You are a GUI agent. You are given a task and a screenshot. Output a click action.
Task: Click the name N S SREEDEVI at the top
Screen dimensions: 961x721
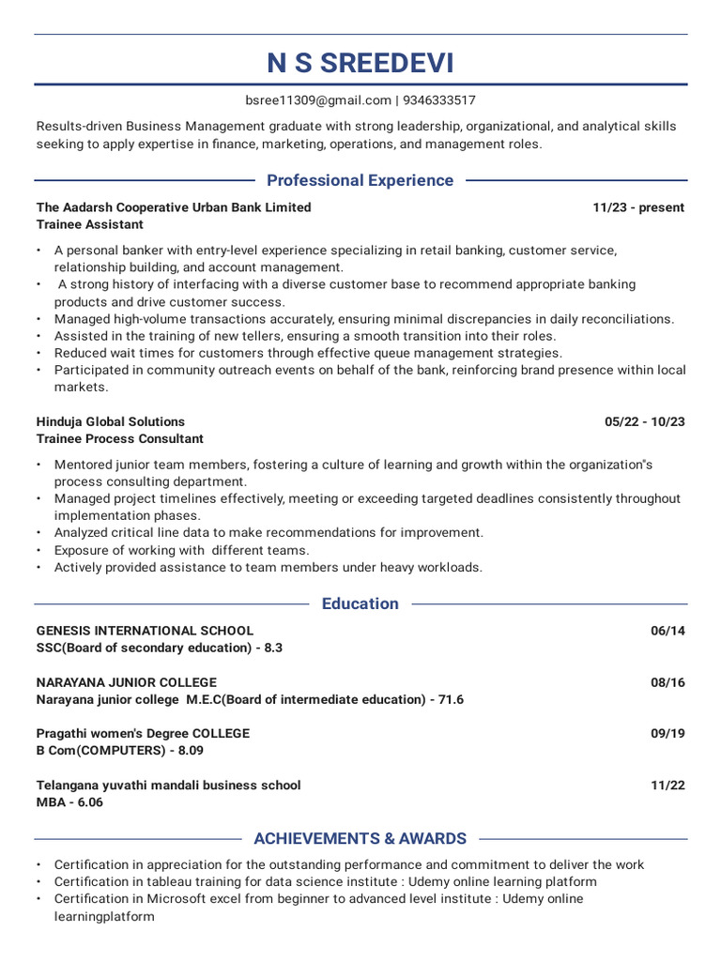(360, 64)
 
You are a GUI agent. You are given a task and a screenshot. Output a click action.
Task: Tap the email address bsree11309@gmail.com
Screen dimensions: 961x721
(318, 100)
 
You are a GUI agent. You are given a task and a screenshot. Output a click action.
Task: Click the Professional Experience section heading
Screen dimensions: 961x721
(360, 180)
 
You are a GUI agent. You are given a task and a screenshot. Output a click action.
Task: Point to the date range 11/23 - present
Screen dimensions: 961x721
(638, 207)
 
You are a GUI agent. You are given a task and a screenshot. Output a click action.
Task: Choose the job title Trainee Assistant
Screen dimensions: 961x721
(90, 225)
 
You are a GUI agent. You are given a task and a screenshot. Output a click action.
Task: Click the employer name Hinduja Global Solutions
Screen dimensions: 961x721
(111, 421)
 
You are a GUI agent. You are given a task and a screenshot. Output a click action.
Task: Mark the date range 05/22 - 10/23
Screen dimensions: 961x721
(645, 421)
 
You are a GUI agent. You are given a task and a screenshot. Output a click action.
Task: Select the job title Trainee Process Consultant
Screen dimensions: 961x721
(120, 439)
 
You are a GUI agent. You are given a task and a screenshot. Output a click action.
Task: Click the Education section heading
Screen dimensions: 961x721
(360, 603)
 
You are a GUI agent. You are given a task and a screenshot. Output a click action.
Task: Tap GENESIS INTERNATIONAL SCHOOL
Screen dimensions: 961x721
(145, 631)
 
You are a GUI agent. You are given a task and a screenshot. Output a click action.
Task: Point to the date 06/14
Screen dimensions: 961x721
(667, 631)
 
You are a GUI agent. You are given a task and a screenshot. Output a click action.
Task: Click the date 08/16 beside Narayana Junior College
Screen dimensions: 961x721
(667, 682)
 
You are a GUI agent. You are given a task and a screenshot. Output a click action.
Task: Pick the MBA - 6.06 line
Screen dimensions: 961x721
(69, 802)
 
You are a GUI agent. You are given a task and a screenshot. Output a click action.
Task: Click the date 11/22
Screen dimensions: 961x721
(667, 785)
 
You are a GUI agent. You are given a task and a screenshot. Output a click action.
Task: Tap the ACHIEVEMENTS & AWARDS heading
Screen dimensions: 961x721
(360, 838)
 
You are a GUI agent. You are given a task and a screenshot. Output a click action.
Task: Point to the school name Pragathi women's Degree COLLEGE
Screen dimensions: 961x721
(143, 733)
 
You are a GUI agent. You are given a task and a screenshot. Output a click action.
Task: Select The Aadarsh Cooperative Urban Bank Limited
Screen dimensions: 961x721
(174, 207)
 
